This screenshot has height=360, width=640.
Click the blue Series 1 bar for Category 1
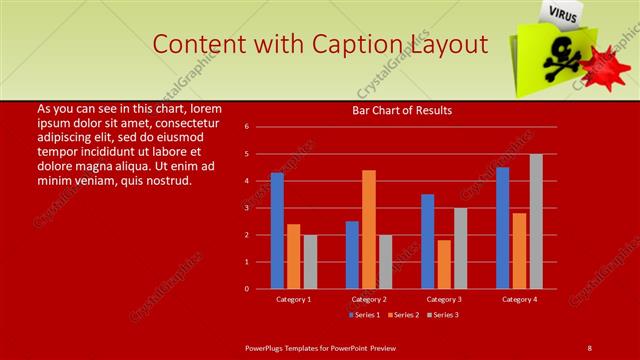[277, 231]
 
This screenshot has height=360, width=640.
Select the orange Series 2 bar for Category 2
[368, 229]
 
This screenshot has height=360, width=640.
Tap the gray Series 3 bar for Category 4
[536, 221]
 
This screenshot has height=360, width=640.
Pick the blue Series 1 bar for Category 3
[428, 241]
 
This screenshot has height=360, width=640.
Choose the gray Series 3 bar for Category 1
[310, 261]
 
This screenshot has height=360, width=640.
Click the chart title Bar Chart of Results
[402, 110]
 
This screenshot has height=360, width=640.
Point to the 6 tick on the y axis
[247, 127]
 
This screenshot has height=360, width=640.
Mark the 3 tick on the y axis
[247, 208]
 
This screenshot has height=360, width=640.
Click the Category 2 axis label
[369, 299]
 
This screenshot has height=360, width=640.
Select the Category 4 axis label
[519, 299]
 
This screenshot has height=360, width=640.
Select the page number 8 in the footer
[590, 347]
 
